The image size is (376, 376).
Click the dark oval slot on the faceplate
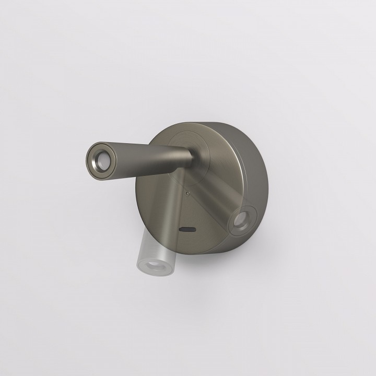(x=187, y=229)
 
